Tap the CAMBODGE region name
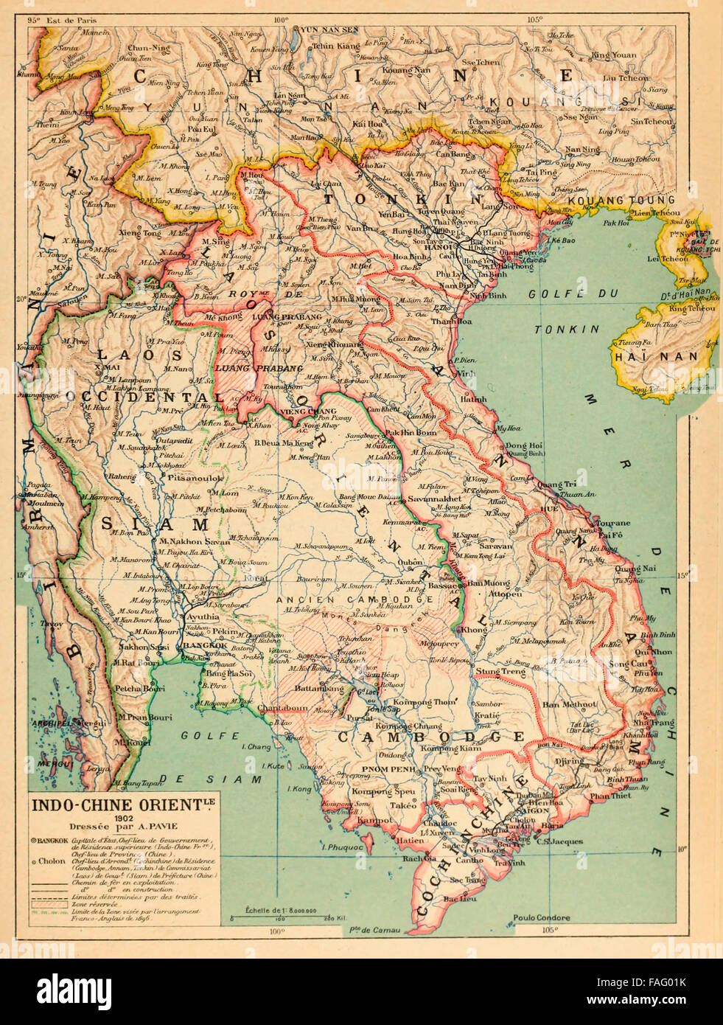(x=430, y=736)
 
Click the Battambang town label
(x=319, y=688)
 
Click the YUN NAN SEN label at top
(x=330, y=30)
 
